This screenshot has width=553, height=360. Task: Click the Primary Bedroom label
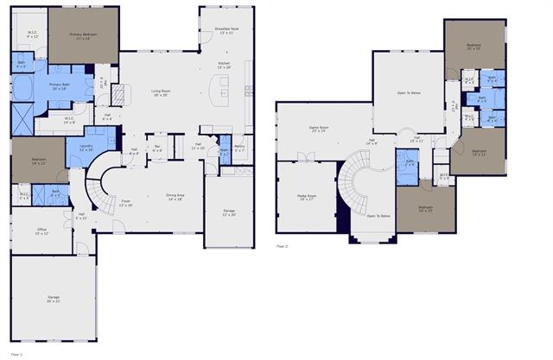[x=84, y=35]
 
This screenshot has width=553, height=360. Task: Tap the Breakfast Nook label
[x=226, y=31]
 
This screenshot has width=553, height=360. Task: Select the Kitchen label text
[x=225, y=65]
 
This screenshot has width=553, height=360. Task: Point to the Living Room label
[x=161, y=92]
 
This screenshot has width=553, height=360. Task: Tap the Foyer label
[x=125, y=204]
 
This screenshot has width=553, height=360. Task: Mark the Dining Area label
[x=176, y=197]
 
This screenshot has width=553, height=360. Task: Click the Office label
[x=41, y=231]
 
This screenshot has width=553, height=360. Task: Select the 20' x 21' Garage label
[x=54, y=299]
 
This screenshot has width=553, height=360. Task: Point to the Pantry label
[x=239, y=148]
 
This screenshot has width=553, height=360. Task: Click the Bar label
[x=156, y=148]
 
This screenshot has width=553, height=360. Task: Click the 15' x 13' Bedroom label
[x=474, y=46]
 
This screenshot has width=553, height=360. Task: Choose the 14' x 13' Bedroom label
[x=425, y=208]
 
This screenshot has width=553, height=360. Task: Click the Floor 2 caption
[x=282, y=246]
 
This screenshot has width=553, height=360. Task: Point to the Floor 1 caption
[x=15, y=354]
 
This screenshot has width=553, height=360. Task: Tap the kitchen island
[x=223, y=87]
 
